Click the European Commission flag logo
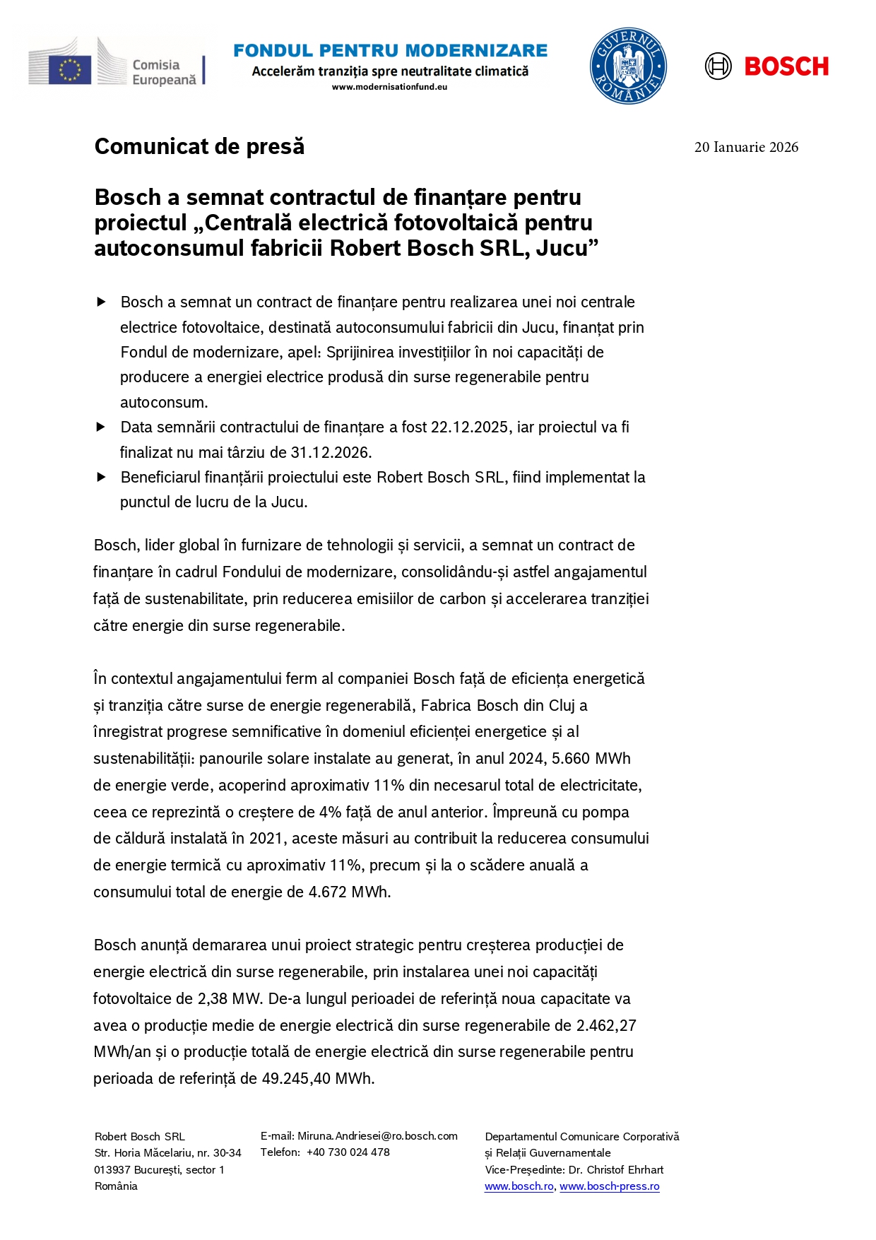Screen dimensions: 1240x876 tap(69, 70)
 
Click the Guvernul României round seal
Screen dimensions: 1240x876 tap(628, 66)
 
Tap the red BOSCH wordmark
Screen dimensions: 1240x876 tap(786, 67)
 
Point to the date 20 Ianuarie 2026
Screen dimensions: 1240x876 tap(746, 147)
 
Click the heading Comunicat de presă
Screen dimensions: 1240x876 tap(199, 146)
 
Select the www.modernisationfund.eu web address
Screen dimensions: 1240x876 tap(389, 87)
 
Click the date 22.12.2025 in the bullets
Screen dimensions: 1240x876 tap(469, 427)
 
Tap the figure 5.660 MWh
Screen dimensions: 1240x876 tap(591, 758)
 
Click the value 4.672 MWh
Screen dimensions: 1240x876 tap(349, 892)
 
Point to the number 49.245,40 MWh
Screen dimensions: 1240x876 tap(317, 1078)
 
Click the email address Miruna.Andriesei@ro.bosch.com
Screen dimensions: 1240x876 tap(377, 1136)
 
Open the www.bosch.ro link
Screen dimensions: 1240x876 tap(519, 1186)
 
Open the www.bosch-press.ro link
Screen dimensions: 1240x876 tap(609, 1186)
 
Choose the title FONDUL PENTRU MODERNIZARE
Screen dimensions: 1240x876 tap(390, 51)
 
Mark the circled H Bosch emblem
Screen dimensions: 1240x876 tap(718, 66)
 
